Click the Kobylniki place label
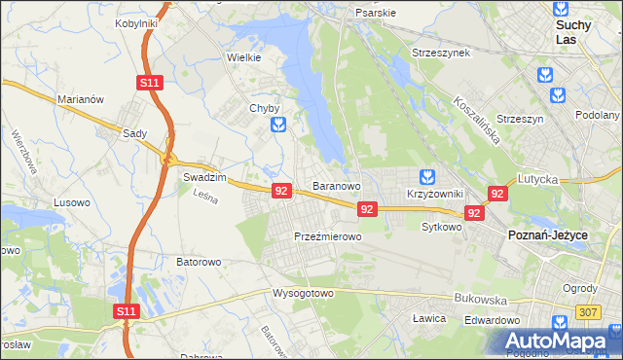coord(136,22)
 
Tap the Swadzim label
coord(204,178)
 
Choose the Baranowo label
coord(337,185)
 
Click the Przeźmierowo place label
coord(328,236)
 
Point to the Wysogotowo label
coord(303,293)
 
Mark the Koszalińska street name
coord(477,120)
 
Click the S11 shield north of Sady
coord(148,85)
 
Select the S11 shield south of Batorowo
coord(125,311)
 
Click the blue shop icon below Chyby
coord(279,125)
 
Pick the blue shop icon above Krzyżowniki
coord(426,177)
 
